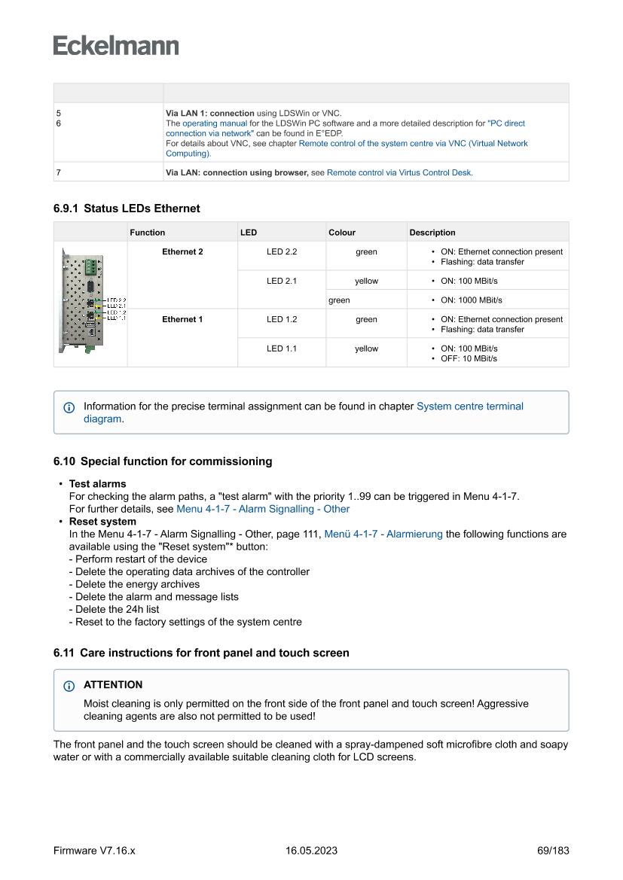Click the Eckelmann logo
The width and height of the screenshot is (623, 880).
pos(116,46)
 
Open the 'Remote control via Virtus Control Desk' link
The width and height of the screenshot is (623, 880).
pos(399,172)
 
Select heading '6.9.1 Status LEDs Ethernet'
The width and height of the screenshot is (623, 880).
pos(127,209)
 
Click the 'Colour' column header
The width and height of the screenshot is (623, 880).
pos(342,233)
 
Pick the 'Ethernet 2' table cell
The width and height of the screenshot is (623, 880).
pos(182,251)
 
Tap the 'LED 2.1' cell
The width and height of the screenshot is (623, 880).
pos(282,281)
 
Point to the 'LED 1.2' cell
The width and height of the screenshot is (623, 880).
pos(282,319)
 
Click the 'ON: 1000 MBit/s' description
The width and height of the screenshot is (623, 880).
pos(472,300)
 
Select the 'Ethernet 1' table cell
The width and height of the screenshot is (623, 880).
pos(182,319)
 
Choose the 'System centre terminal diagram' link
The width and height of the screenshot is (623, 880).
pos(469,407)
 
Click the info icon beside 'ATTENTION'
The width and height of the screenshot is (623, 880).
pos(69,686)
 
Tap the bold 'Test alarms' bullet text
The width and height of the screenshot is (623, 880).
pos(98,484)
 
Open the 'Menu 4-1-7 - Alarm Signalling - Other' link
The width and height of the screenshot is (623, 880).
pos(263,509)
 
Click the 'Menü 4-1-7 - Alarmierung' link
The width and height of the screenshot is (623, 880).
pos(383,534)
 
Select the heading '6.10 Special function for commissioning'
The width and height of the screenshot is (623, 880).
pos(163,461)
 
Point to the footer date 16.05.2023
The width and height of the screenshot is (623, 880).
pos(311,851)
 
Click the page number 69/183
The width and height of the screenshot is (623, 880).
pos(553,851)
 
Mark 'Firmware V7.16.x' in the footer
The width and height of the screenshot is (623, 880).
pos(94,851)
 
